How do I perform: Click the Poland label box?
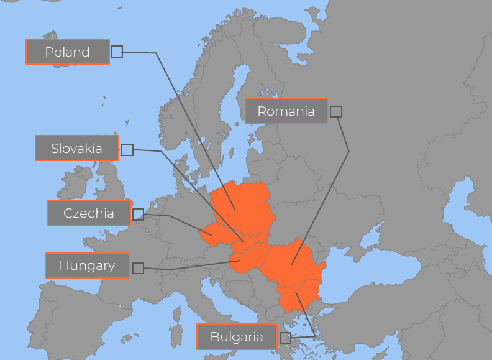click(68, 52)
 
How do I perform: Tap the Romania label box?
click(286, 111)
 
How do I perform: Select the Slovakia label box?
click(76, 149)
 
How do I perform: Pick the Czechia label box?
click(89, 213)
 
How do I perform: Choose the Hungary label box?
click(87, 265)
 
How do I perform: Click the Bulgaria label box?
click(237, 338)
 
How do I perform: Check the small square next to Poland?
click(117, 52)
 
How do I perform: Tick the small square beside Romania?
click(335, 111)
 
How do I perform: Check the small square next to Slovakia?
click(127, 149)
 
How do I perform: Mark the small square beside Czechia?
click(138, 215)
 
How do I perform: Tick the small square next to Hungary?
click(138, 268)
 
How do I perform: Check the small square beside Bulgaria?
click(285, 338)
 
